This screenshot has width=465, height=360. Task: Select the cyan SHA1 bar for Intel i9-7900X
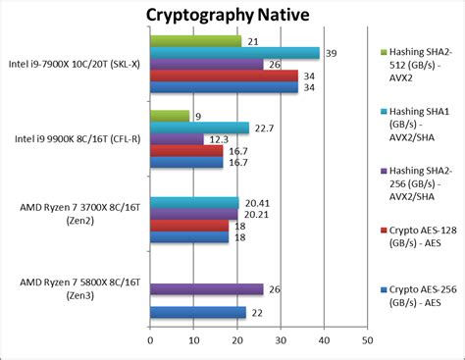(234, 53)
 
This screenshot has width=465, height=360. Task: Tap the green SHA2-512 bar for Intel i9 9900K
(170, 115)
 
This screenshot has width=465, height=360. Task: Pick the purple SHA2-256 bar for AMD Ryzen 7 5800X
(206, 288)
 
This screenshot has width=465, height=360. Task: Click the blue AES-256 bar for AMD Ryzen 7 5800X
(197, 312)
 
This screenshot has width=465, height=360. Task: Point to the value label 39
(331, 53)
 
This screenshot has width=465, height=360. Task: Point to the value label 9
(199, 116)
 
